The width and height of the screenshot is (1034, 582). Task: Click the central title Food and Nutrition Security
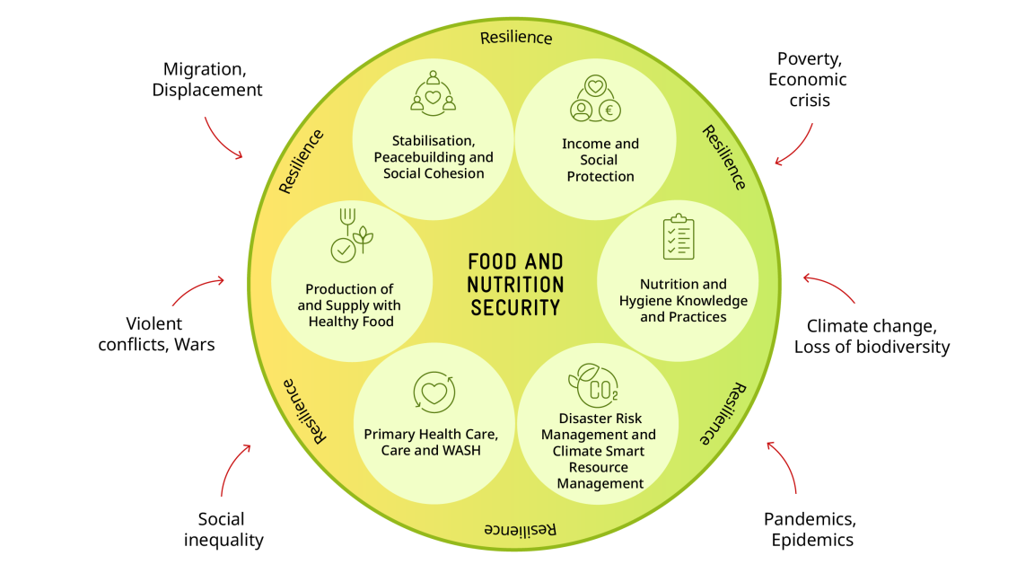click(516, 284)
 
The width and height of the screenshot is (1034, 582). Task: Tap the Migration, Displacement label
click(207, 79)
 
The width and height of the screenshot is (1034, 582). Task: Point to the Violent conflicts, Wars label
click(157, 333)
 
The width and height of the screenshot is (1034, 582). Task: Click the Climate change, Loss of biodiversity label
click(872, 336)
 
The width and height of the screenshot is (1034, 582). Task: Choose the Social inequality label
click(223, 529)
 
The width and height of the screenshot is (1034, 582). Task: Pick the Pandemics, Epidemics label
click(811, 529)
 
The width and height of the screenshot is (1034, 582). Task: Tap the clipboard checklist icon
click(679, 236)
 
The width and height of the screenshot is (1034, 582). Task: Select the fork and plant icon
click(350, 235)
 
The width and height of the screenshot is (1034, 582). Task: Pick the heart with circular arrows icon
click(434, 392)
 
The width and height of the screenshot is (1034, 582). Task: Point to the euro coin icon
click(610, 110)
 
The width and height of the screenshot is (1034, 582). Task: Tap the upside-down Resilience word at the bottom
click(521, 529)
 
